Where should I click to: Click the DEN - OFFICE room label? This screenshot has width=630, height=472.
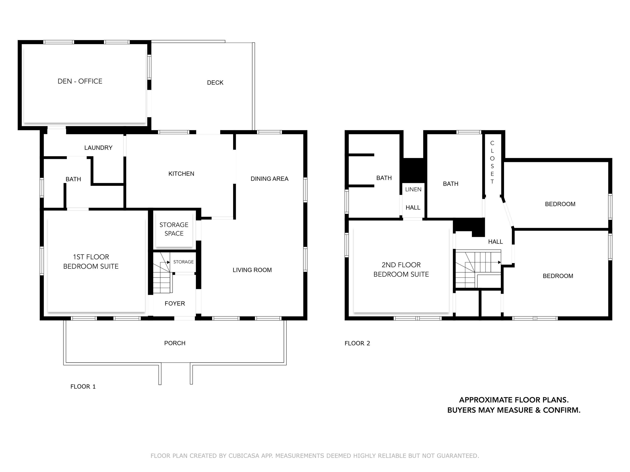pos(80,81)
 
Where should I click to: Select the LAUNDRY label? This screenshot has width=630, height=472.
pos(98,148)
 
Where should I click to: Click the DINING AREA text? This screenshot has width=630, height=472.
pos(269,179)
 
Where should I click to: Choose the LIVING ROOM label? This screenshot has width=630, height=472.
pos(252,270)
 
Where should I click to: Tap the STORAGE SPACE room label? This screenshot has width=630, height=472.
pos(174,229)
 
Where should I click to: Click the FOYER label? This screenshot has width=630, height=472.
pos(175,304)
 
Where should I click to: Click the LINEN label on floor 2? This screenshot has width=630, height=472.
pos(413,189)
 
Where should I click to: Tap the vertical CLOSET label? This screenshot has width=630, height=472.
pos(492,162)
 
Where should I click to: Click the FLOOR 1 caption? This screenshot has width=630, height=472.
pos(83,386)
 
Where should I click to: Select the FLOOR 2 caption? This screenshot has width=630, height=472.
pos(357,343)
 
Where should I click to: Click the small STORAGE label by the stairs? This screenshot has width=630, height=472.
pos(183,262)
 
